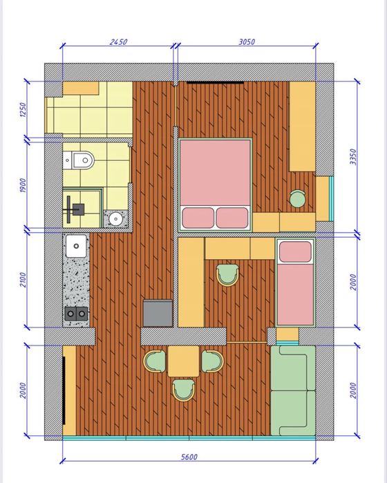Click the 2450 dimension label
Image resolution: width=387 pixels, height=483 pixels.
pos(118,41)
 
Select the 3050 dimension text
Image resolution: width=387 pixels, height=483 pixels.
pos(247,41)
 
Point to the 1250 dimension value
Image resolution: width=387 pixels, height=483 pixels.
pos(23,110)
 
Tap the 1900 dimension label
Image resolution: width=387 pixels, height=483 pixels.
pos(23,185)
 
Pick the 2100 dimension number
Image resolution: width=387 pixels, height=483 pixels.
pos(23,280)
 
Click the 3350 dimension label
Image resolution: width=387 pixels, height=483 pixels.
pos(353,157)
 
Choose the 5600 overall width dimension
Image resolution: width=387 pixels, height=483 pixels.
pos(189,457)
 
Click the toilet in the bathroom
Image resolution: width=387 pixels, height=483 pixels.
pos(78,160)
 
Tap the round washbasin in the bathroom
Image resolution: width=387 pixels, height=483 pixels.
pos(115,219)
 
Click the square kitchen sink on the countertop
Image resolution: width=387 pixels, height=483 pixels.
pos(76,246)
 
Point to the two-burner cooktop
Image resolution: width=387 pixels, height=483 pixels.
pos(76,314)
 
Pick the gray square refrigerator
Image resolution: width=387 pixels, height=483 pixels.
pos(158,313)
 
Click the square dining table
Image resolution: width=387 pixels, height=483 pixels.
pos(183,361)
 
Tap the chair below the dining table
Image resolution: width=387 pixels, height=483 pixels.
pos(183,390)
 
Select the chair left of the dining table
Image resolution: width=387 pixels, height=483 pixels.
pos(155,361)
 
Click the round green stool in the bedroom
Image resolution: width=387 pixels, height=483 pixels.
pos(298,199)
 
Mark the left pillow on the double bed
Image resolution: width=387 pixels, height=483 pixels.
pos(198,218)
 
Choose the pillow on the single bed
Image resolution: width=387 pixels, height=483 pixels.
pos(295,252)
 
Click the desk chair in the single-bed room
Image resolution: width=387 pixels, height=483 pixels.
pos(227,275)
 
